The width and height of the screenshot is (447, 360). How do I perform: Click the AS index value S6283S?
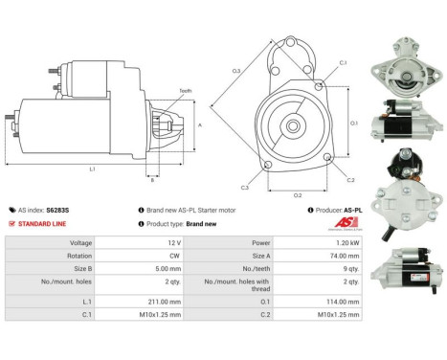[x=59, y=210]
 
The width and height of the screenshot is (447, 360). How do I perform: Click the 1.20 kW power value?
[x=346, y=243]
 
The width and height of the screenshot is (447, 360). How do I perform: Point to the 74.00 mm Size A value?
[x=344, y=257]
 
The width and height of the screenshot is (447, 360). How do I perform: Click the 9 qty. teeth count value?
[x=349, y=270]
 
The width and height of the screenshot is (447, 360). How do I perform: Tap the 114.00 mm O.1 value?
[x=343, y=301]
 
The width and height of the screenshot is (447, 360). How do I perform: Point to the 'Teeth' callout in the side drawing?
[x=185, y=90]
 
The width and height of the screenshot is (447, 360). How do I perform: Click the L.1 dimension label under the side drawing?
[x=92, y=169]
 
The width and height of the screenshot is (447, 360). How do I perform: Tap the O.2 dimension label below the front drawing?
[x=298, y=194]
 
